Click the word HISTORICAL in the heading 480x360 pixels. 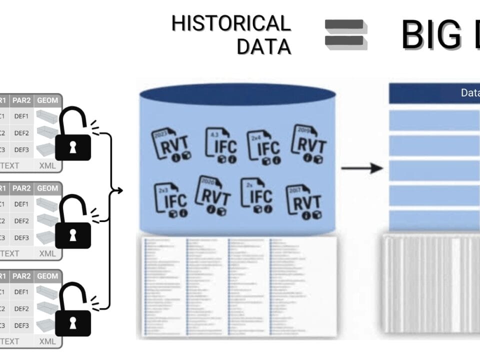[x=231, y=23]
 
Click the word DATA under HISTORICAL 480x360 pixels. [x=263, y=46]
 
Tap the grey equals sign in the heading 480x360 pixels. [x=345, y=34]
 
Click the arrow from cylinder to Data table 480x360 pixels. [x=361, y=168]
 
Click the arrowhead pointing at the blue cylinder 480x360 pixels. [x=118, y=190]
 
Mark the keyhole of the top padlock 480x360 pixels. [x=73, y=148]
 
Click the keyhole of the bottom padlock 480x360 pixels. [x=73, y=323]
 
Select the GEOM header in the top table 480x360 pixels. [x=47, y=100]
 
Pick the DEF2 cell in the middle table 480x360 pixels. [x=21, y=220]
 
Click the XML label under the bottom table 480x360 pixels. [x=47, y=341]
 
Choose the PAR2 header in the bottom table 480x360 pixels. [x=21, y=276]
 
